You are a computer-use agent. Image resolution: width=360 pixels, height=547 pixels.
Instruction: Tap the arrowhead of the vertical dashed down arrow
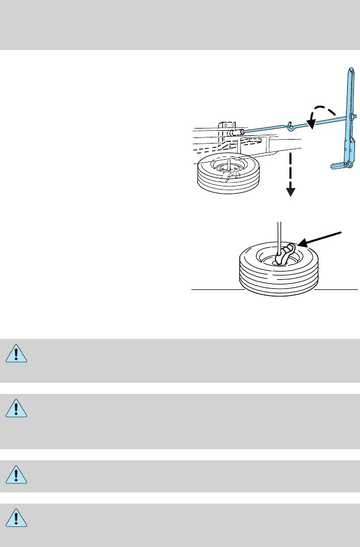[290, 191]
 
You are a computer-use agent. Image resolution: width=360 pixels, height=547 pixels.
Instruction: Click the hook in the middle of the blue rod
[289, 127]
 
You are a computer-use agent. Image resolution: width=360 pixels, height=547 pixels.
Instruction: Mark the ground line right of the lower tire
[337, 290]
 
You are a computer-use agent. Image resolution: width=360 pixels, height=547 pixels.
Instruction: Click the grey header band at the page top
[180, 25]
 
